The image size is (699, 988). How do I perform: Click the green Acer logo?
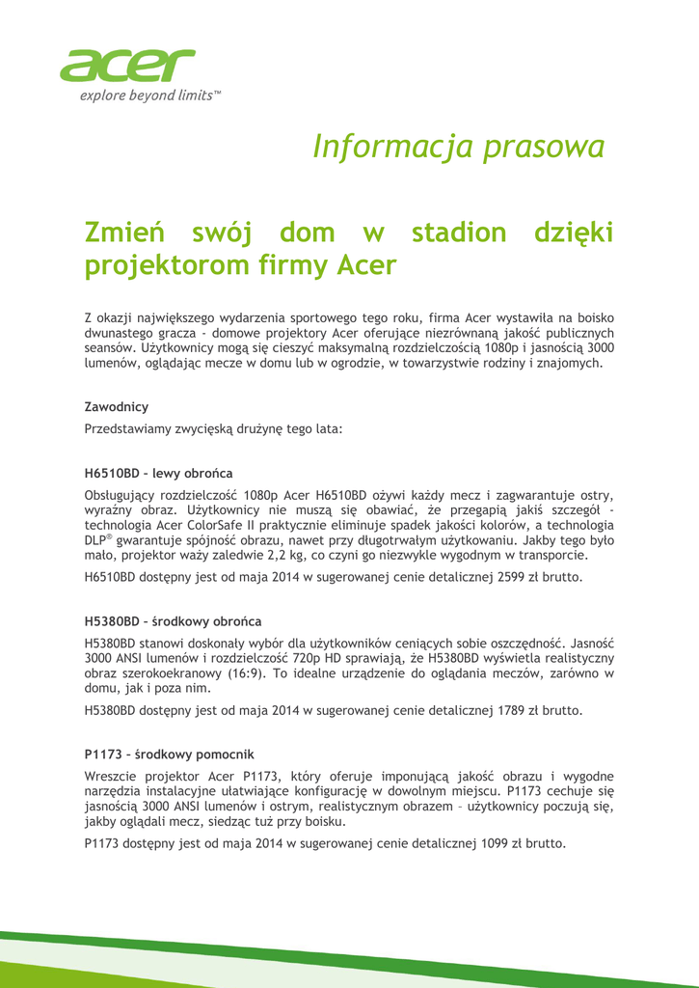pos(127,66)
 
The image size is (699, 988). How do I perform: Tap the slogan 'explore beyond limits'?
pos(150,96)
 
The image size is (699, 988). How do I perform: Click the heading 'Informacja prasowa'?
pos(459,147)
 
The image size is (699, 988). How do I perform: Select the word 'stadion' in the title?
pos(458,233)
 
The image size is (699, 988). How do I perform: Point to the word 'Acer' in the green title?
pos(365,265)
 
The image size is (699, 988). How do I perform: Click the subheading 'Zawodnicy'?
pos(117,407)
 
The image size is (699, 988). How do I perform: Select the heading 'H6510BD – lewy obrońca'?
pos(159,474)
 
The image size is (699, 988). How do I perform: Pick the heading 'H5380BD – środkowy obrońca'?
pos(173,620)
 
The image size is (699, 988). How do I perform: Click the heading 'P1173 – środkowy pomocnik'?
pos(170,754)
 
